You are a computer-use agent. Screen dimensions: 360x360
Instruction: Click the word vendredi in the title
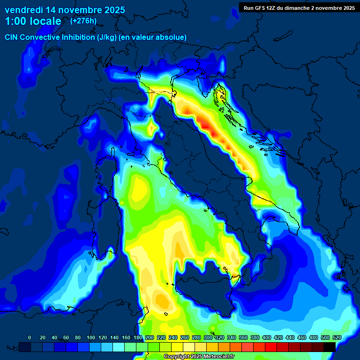coord(24,10)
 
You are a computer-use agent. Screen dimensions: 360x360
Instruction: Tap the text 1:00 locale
coord(33,21)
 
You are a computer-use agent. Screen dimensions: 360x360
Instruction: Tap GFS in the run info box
coord(260,7)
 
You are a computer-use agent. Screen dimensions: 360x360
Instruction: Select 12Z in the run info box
coord(273,7)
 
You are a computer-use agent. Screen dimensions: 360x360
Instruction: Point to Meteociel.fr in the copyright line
coord(216,356)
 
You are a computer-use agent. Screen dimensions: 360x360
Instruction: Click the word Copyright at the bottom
coord(177,356)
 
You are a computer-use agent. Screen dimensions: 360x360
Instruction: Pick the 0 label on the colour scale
coord(30,337)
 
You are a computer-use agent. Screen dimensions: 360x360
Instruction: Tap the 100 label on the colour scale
coord(91,337)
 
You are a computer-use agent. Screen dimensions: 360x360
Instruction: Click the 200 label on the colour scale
coord(150,337)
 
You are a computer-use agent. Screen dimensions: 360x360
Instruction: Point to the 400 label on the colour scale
coord(267,337)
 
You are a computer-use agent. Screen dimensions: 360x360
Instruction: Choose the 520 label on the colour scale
coord(337,337)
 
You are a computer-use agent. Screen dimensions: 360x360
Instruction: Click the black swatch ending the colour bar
coord(329,347)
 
